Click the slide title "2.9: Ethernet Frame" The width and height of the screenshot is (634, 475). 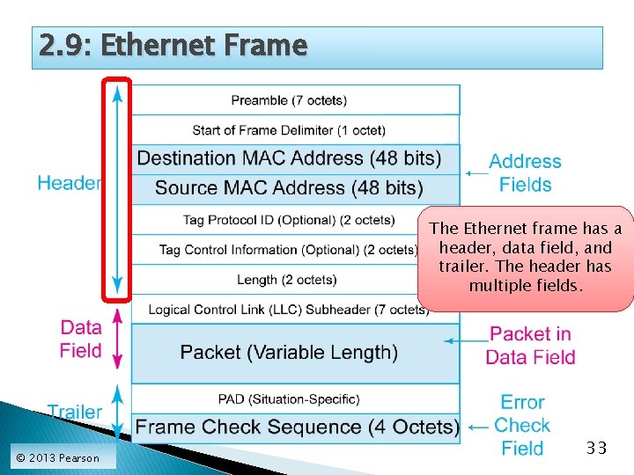[x=173, y=46]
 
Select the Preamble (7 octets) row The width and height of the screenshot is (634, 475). [x=289, y=100]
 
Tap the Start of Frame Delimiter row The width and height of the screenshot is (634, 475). [x=289, y=130]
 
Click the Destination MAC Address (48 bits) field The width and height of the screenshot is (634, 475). [x=290, y=158]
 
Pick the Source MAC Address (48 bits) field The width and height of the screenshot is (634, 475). [x=289, y=188]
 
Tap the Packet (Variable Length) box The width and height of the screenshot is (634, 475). [x=289, y=353]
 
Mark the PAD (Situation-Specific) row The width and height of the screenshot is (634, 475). [x=289, y=399]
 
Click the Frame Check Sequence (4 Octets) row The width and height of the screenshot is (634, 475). [x=297, y=427]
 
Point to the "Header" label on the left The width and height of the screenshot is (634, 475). [x=69, y=183]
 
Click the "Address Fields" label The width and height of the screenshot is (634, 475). [x=525, y=173]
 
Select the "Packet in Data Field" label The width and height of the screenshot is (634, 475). [x=531, y=346]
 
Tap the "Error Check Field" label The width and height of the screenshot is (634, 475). [x=522, y=426]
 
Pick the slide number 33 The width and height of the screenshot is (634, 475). [x=597, y=449]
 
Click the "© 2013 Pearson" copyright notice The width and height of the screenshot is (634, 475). [x=58, y=457]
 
